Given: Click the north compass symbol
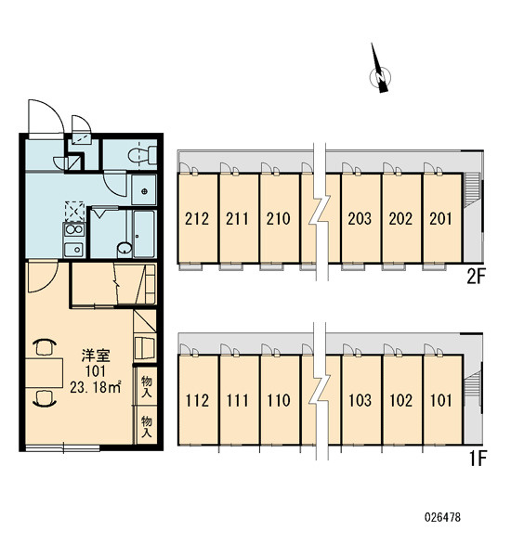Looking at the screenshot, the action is (x=380, y=72).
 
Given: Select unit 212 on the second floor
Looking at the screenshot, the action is (x=197, y=219).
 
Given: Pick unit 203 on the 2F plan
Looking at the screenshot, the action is (x=360, y=219).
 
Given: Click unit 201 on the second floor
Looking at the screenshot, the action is (x=441, y=219).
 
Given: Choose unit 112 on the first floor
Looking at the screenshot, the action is (x=197, y=401).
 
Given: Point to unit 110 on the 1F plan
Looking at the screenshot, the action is (x=279, y=401).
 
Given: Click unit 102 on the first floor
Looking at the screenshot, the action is (x=400, y=401).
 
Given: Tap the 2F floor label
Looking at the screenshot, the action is (x=476, y=277).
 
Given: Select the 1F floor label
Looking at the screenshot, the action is (x=478, y=459).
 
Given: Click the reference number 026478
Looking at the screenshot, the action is (x=443, y=517).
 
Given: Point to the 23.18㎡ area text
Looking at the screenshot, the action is (x=96, y=387).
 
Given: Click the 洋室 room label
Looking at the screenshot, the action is (x=96, y=356).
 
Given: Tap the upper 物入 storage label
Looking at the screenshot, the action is (x=147, y=387).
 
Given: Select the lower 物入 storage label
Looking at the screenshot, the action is (x=147, y=427).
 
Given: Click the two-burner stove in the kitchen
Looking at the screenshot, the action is (x=74, y=230).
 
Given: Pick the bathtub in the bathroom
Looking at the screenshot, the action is (x=144, y=234).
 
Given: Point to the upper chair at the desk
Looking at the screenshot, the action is (x=45, y=346).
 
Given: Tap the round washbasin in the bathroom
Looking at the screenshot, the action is (x=124, y=249).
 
